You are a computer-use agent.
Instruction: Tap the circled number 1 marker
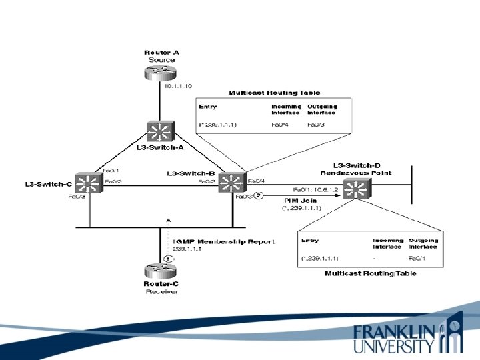(169, 257)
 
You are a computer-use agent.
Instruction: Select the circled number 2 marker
(259, 195)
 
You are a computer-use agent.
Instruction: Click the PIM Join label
(296, 200)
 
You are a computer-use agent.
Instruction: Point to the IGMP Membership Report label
(223, 241)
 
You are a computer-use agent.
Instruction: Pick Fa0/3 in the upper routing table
(315, 124)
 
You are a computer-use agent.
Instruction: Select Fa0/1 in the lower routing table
(418, 257)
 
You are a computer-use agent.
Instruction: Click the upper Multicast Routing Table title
(274, 93)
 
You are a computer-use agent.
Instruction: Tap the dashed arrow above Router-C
(169, 233)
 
